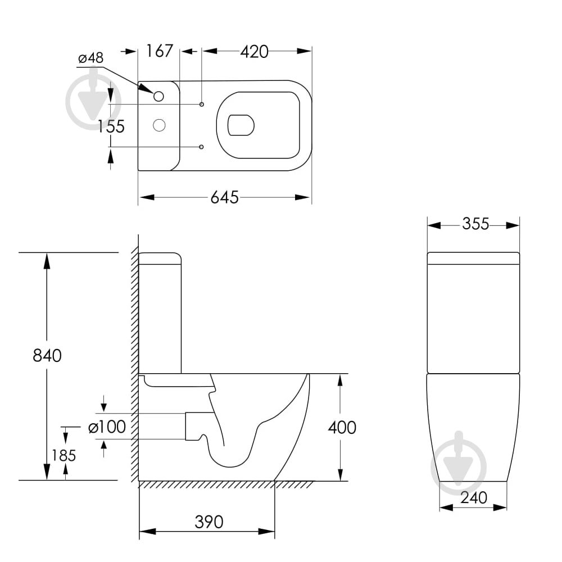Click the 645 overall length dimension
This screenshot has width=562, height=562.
click(x=224, y=197)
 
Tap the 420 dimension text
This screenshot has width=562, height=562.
click(x=254, y=52)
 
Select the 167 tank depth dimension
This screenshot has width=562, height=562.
click(x=160, y=51)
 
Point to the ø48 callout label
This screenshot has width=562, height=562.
click(x=91, y=58)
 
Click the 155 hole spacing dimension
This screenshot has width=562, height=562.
click(x=111, y=126)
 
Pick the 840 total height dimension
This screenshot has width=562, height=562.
click(x=47, y=356)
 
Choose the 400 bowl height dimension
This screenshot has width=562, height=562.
click(x=342, y=428)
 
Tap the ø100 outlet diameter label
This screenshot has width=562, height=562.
click(x=107, y=427)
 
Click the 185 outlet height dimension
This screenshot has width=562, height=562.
click(x=64, y=456)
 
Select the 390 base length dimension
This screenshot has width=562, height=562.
click(x=209, y=522)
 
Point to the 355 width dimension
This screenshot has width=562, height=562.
click(x=475, y=224)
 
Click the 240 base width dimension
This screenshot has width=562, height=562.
click(x=473, y=498)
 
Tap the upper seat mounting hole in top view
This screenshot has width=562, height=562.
click(x=201, y=105)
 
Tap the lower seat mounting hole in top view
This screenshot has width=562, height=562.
click(x=201, y=147)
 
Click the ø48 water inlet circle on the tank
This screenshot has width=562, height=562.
click(x=158, y=97)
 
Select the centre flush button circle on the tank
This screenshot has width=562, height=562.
click(x=159, y=125)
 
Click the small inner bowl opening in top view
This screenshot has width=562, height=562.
click(x=241, y=125)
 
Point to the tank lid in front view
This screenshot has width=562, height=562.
click(x=473, y=259)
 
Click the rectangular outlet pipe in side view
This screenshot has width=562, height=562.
click(x=198, y=426)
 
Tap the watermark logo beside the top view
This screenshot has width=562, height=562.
click(x=93, y=101)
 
